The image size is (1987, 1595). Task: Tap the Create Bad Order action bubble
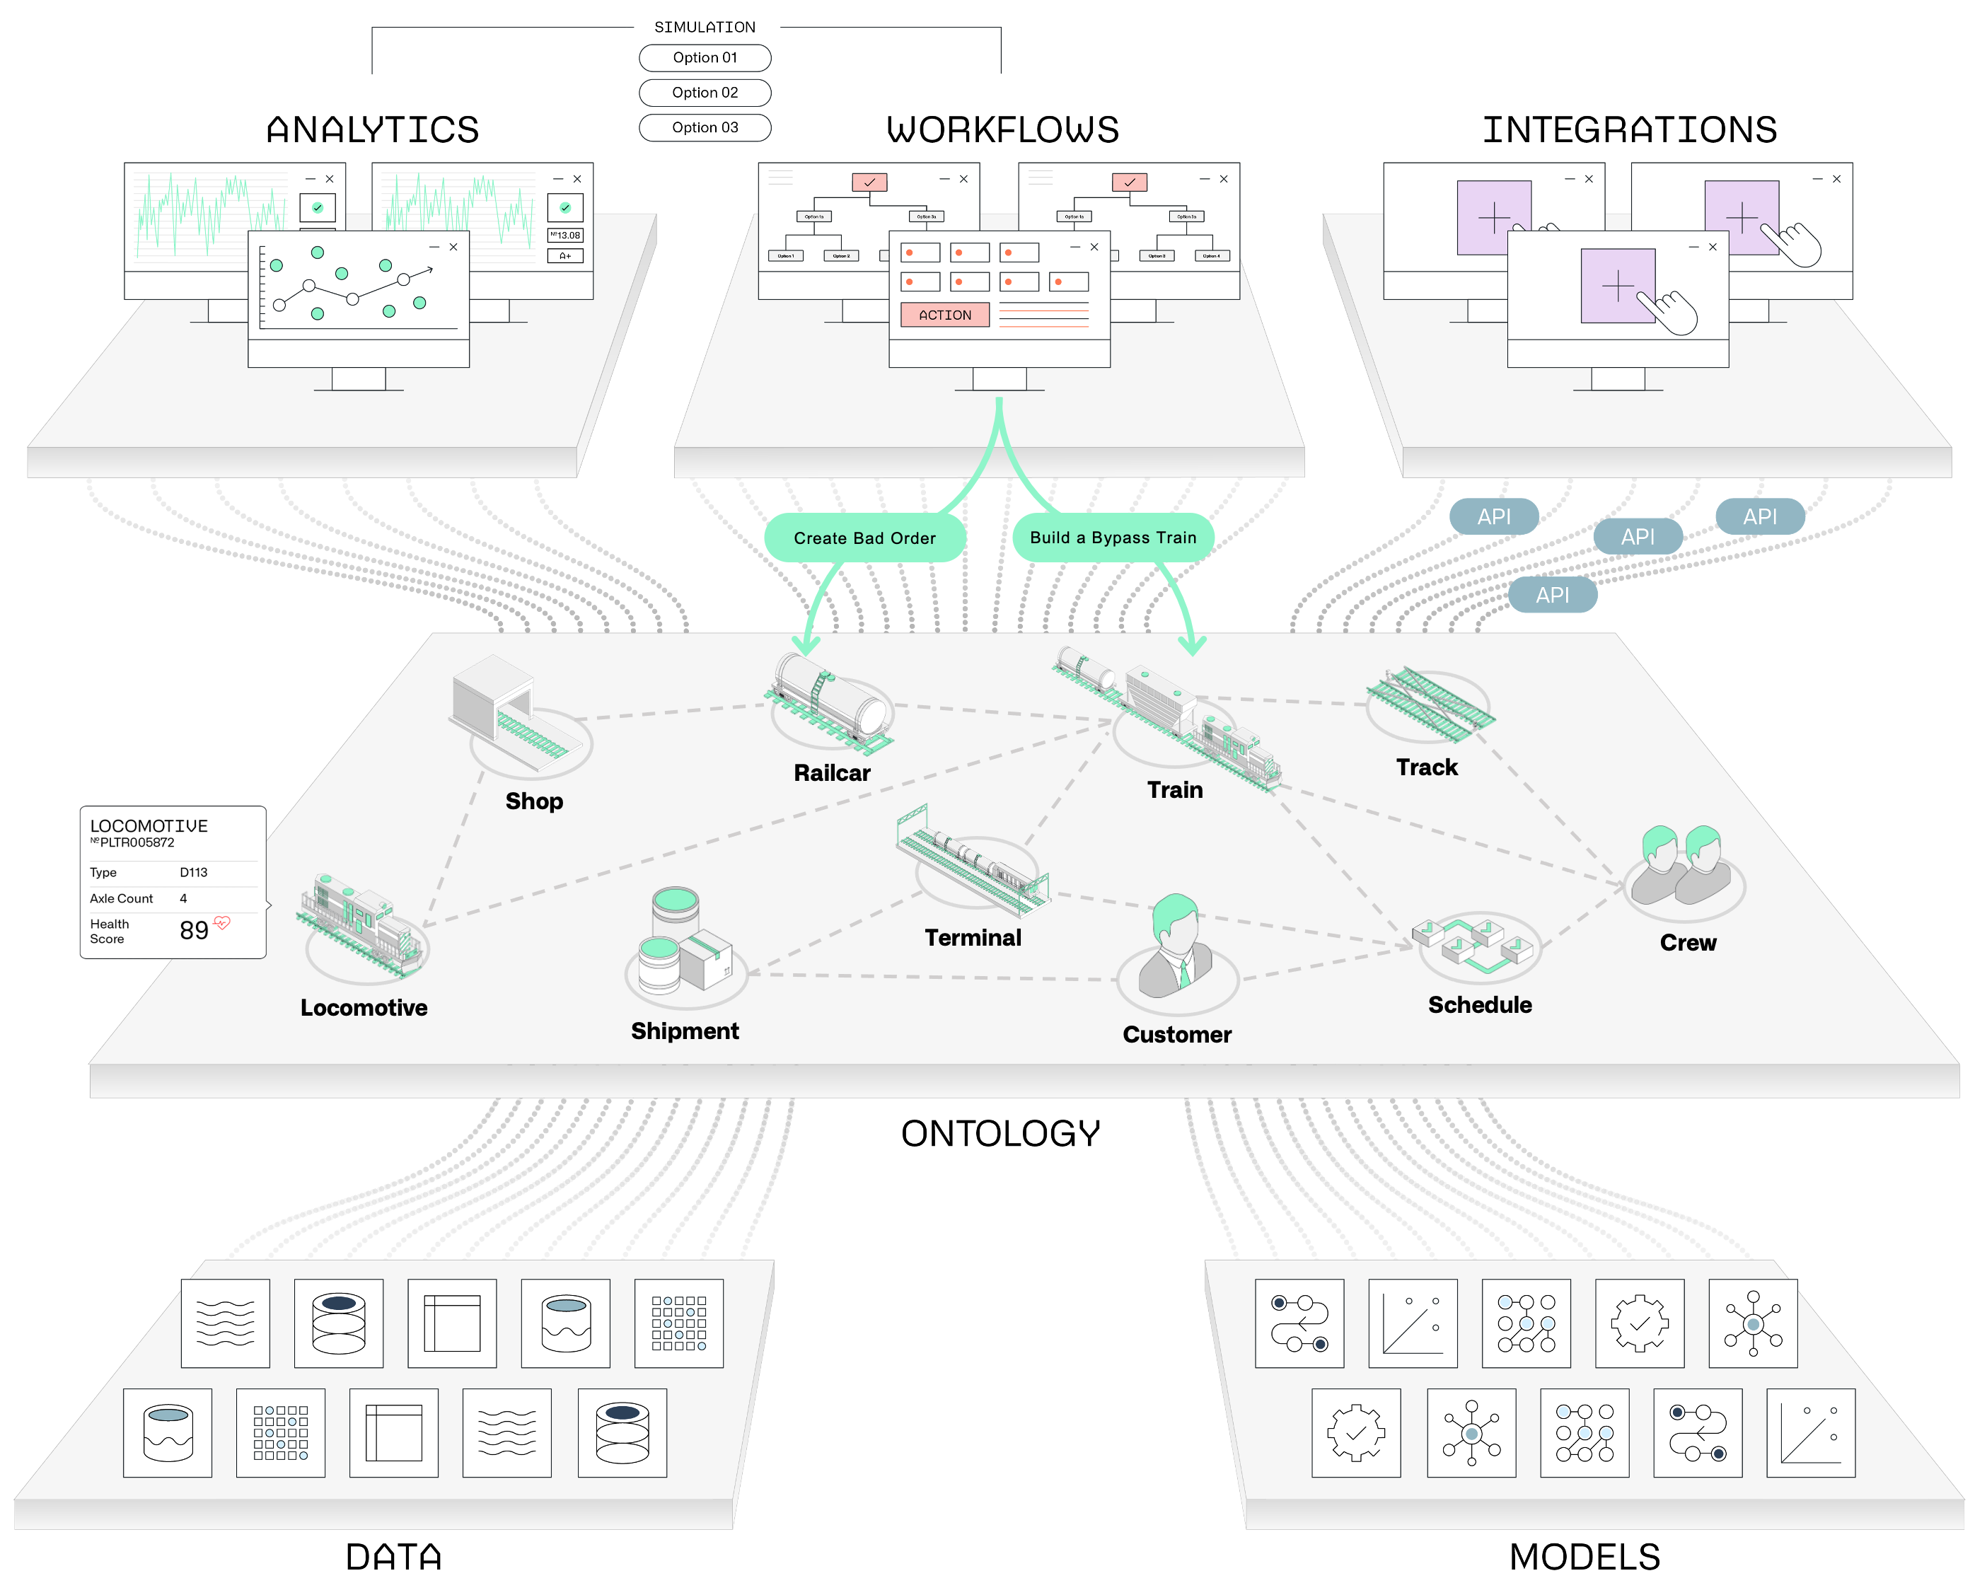[864, 538]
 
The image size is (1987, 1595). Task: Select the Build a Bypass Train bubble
[1113, 537]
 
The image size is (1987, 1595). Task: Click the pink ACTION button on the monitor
[944, 315]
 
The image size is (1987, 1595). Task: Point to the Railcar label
[831, 773]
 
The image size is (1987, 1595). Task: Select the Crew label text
[1688, 943]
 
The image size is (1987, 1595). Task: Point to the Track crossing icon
[1430, 704]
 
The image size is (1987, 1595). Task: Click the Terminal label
[973, 938]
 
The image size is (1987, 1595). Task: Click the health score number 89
[194, 931]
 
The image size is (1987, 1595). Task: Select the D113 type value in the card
[194, 873]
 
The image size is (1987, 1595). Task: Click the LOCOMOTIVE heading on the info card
[149, 825]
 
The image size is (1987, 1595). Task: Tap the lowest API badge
[1552, 596]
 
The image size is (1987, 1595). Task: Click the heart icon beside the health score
[222, 922]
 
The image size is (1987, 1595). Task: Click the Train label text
[1174, 789]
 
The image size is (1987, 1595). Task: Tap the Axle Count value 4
[183, 898]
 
